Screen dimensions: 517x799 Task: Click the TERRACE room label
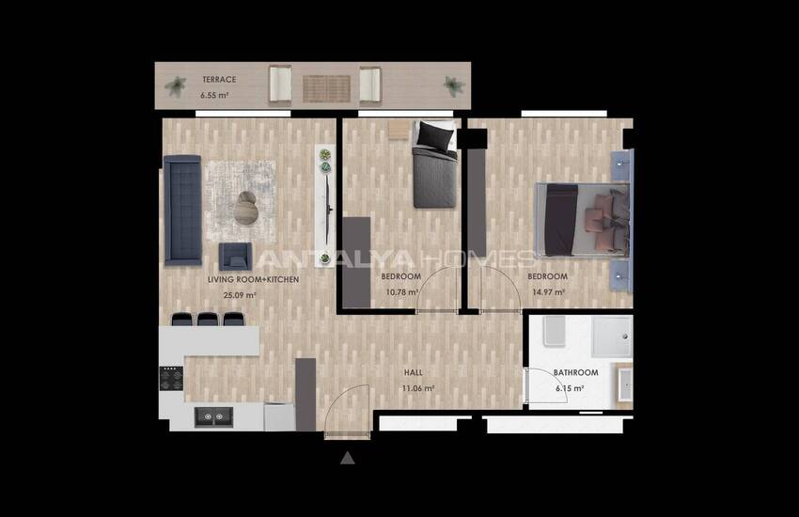point(218,80)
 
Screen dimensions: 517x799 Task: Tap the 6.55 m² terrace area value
point(215,96)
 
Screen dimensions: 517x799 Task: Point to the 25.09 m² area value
point(240,295)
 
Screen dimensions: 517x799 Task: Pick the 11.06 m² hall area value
point(417,388)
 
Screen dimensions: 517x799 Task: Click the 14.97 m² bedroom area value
point(547,291)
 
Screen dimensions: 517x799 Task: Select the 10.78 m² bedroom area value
point(400,291)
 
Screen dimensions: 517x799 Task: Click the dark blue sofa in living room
point(182,210)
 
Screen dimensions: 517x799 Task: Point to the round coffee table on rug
point(247,207)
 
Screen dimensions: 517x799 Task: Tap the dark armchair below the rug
point(235,257)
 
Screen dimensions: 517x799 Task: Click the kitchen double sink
point(213,415)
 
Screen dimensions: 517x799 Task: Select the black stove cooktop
point(170,378)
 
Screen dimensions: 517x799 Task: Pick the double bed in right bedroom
point(583,220)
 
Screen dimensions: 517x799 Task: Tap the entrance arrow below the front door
point(348,458)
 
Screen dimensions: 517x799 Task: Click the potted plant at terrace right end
point(455,87)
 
